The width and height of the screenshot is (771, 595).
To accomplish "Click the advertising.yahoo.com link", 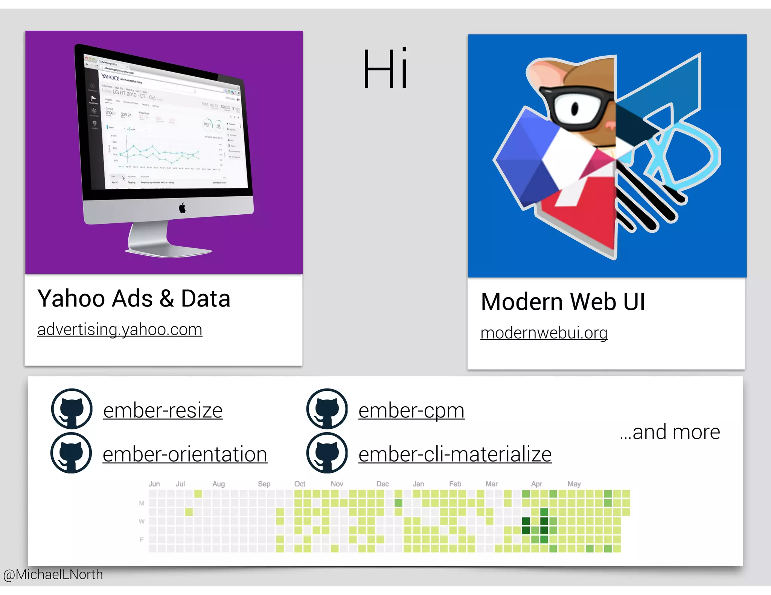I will tap(120, 329).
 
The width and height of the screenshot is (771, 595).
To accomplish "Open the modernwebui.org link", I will tap(544, 333).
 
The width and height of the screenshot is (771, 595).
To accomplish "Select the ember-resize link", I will tap(163, 410).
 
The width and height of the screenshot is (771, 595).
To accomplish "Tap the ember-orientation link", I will tap(185, 454).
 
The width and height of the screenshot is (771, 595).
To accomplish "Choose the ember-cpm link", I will tap(411, 410).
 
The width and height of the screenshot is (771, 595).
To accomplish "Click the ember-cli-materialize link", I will tap(455, 454).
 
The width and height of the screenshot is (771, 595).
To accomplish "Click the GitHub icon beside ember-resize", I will tap(72, 409).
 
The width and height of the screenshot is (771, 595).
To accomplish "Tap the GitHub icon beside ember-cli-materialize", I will tap(327, 453).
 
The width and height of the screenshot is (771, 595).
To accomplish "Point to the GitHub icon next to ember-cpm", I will tap(327, 409).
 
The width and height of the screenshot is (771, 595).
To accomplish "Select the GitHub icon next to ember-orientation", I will tap(71, 453).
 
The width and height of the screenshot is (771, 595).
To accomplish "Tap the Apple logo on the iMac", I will tap(182, 208).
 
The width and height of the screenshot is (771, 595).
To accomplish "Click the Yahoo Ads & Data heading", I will tap(134, 299).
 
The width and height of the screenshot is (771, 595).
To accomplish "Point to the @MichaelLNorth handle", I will tap(53, 574).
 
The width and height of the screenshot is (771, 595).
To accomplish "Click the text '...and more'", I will tap(670, 432).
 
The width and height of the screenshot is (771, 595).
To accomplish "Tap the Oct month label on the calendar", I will tap(300, 484).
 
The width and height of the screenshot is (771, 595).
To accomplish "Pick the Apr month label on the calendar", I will tap(536, 484).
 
